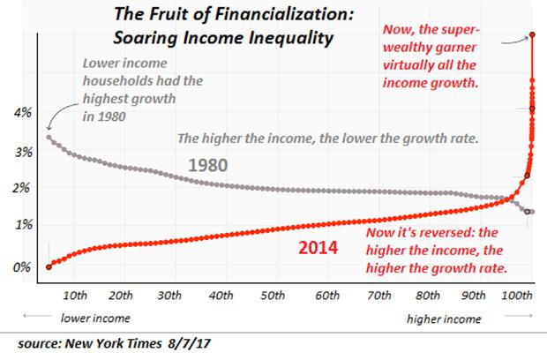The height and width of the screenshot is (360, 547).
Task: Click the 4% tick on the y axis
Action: point(20,113)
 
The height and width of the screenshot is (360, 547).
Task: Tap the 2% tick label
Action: point(20,189)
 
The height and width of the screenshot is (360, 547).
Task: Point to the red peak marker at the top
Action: point(532,35)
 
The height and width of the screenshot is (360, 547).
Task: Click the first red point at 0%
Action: point(48,265)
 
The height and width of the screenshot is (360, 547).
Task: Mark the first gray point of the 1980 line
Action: point(48,137)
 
